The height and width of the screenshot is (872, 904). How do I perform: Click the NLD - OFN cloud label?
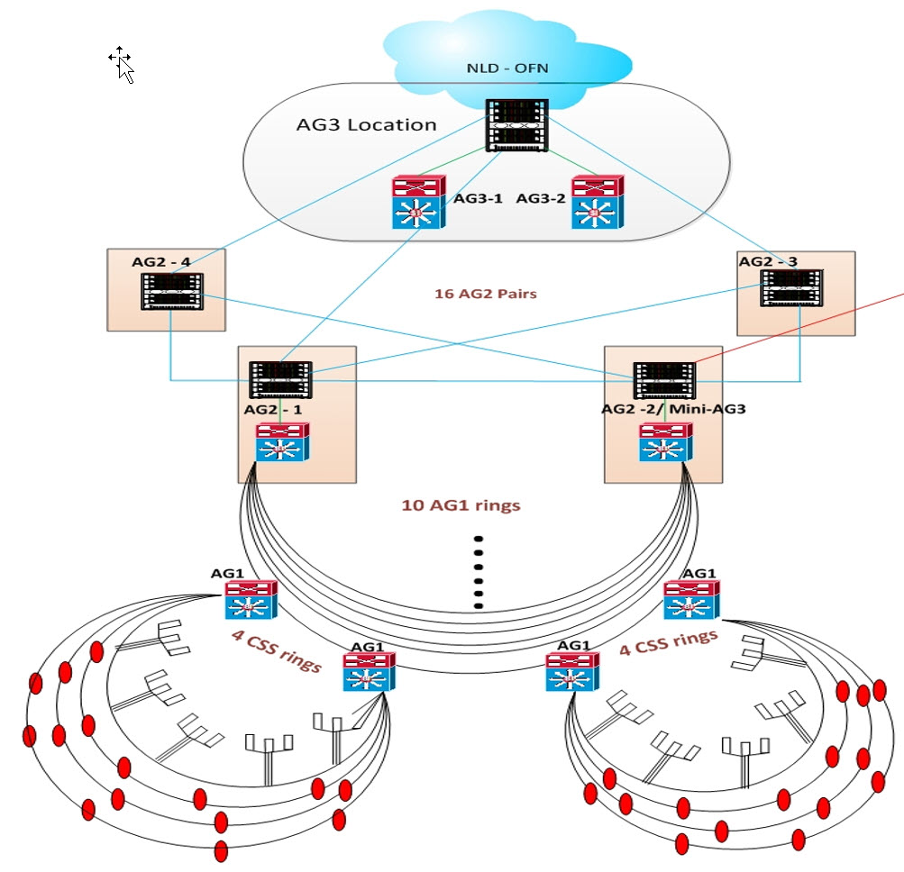[507, 68]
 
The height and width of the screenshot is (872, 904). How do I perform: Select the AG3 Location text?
[366, 124]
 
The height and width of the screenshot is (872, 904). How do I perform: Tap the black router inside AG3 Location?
[516, 125]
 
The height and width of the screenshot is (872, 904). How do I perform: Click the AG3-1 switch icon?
[419, 203]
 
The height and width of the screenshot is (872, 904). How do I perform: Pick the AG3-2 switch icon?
[598, 203]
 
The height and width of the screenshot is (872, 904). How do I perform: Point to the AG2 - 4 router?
[172, 292]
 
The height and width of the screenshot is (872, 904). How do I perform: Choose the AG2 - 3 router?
[791, 287]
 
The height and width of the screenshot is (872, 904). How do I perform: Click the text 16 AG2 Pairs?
[486, 294]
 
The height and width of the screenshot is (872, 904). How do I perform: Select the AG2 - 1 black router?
[280, 380]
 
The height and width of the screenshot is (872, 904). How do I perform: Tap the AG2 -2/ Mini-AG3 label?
[673, 409]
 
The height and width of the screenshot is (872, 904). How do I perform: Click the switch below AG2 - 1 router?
[282, 442]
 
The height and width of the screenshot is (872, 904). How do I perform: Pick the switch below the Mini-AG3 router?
[666, 442]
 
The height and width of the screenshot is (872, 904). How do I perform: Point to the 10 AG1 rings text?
[461, 505]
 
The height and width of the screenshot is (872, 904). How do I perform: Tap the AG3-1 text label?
[478, 198]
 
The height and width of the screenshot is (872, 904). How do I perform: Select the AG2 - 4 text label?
[160, 261]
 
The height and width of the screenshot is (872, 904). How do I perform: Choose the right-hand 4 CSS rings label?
[669, 642]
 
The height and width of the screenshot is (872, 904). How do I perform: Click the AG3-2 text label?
[541, 198]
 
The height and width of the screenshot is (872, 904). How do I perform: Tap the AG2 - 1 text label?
[273, 409]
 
